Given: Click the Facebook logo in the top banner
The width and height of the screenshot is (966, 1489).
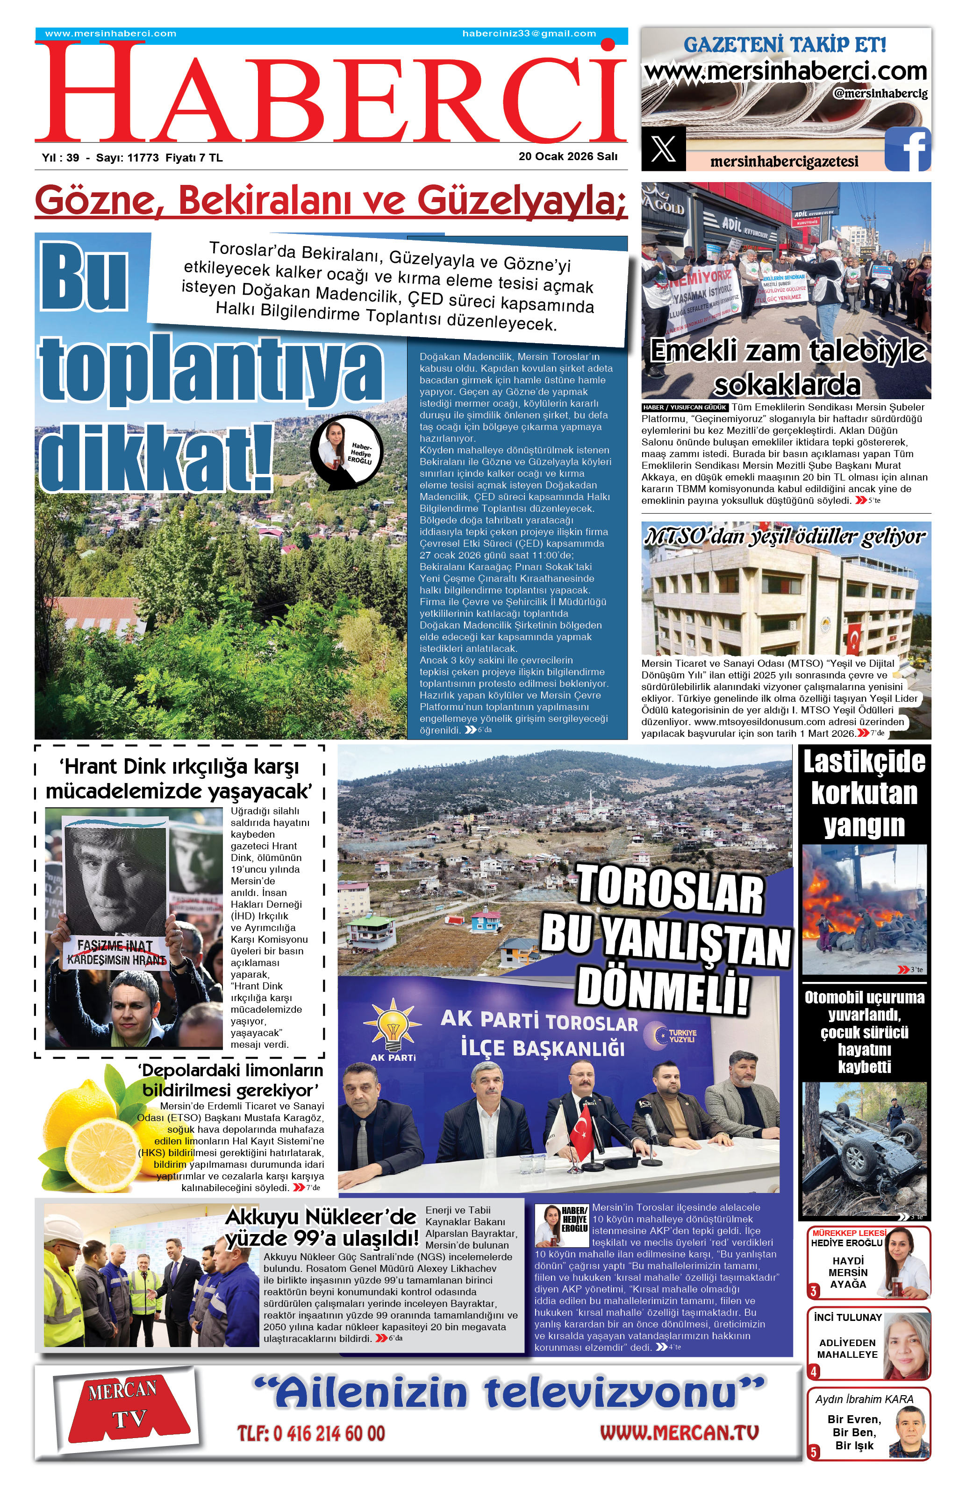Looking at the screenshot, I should [907, 149].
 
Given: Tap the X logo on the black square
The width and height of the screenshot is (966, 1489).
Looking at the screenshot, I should [663, 149].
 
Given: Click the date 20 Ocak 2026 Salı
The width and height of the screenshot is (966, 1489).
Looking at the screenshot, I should [567, 156].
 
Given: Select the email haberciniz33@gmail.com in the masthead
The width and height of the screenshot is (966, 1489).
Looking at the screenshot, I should [529, 34].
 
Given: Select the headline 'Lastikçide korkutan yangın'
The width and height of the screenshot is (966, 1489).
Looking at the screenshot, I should [864, 793].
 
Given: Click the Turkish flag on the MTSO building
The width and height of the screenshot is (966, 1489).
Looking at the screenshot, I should [853, 637].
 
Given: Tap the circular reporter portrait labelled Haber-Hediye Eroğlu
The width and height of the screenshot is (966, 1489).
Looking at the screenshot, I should [347, 450].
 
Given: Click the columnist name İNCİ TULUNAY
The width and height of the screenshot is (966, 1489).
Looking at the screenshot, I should [848, 1317].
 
